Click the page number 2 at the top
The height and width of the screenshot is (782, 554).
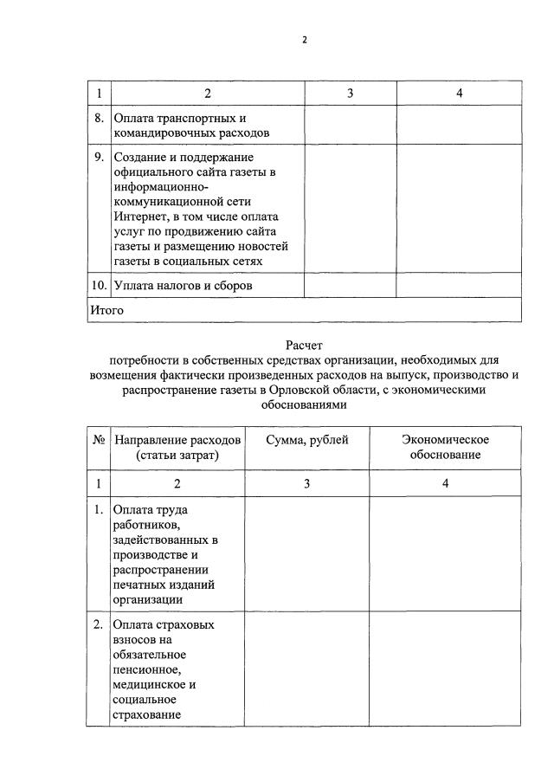tap(304, 39)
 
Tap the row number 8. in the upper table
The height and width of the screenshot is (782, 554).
tap(99, 117)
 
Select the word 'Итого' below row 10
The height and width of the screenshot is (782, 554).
tap(107, 309)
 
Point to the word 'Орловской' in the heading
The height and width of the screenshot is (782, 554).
tap(309, 390)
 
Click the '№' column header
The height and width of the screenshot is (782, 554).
tap(99, 440)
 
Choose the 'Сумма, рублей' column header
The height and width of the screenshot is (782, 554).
tap(307, 440)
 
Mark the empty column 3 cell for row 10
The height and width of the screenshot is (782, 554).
tap(350, 285)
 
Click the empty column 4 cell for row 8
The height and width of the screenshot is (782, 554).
tap(459, 125)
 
